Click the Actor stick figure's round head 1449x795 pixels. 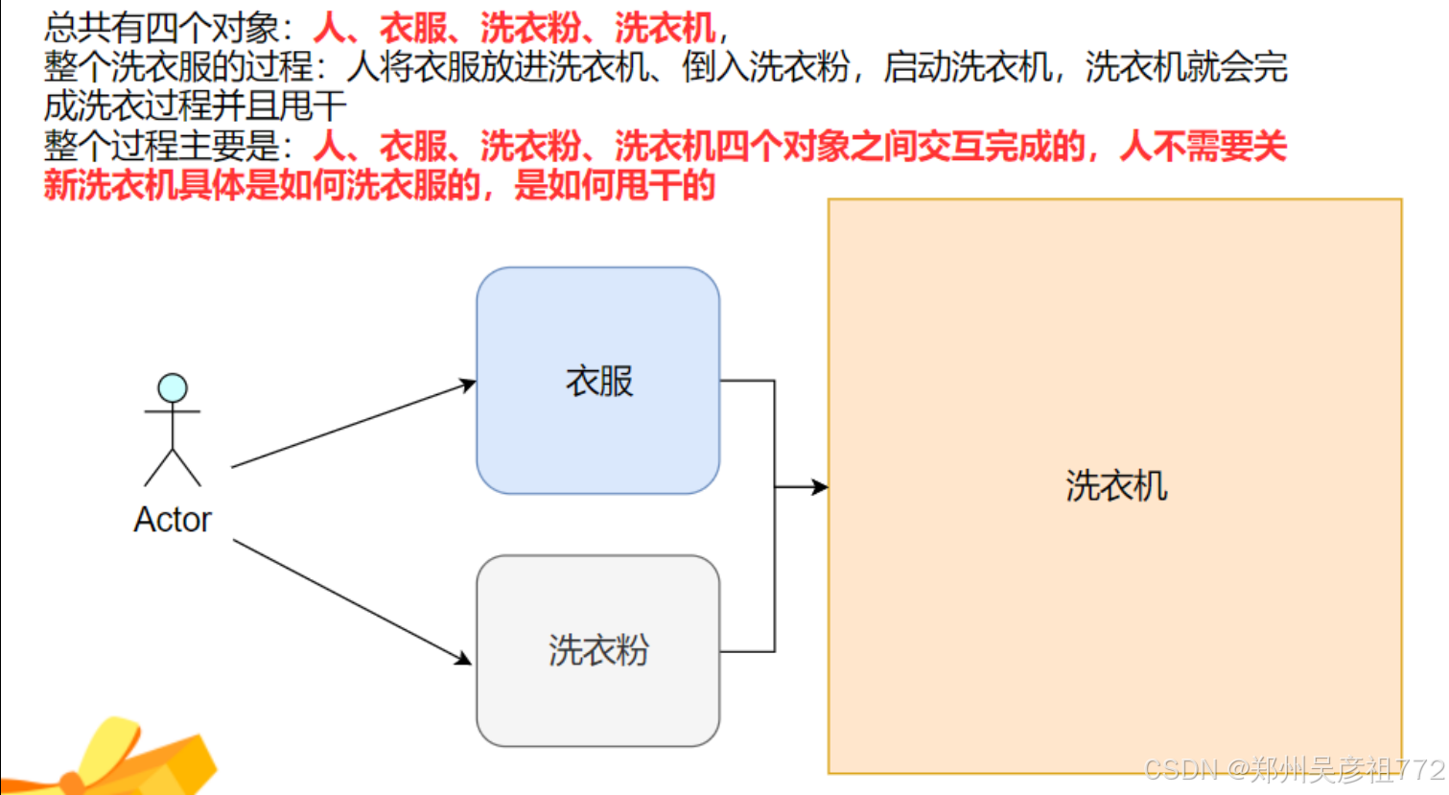tap(173, 388)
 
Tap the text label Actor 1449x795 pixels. tap(173, 520)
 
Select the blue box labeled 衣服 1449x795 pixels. tap(597, 381)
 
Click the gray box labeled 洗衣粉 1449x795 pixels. tap(597, 650)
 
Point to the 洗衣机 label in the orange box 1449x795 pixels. tap(1116, 486)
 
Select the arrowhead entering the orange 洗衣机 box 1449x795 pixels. tap(820, 486)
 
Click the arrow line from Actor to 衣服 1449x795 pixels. tap(354, 425)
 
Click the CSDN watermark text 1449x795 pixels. tap(1295, 770)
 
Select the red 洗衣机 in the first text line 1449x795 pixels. tap(665, 28)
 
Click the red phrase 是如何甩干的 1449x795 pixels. tap(615, 186)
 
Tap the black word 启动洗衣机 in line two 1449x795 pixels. tap(968, 67)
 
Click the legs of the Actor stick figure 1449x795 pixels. tap(173, 467)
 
